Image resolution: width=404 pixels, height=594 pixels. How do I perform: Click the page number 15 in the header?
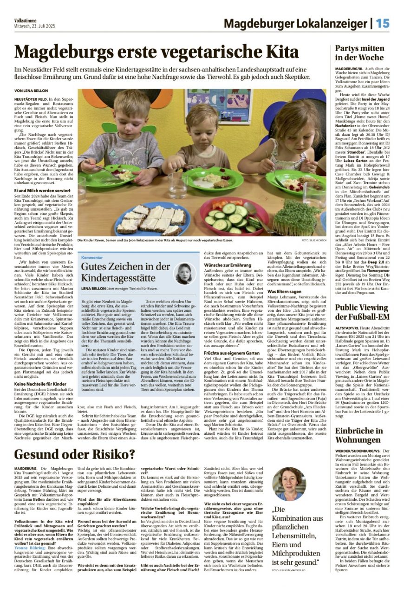[x=383, y=23]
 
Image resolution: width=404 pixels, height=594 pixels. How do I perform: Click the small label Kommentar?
[x=91, y=257]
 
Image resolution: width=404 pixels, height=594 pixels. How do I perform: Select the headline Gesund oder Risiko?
[x=75, y=454]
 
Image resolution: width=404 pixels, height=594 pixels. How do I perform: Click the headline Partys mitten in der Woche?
[x=359, y=53]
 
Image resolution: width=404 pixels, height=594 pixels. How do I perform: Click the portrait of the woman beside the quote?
[x=290, y=484]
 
